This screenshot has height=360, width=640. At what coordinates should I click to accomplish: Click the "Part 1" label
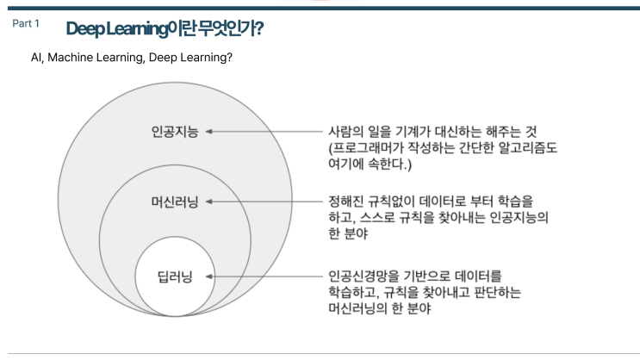[26, 23]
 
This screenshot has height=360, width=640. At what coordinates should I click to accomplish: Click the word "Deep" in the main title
[84, 28]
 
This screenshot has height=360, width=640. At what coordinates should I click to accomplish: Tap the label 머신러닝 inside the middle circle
[175, 202]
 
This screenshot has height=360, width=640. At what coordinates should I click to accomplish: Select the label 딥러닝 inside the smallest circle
[175, 276]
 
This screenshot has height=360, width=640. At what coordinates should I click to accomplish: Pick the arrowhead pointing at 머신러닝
[208, 202]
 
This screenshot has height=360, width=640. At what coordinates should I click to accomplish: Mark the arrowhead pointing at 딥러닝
[208, 276]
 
